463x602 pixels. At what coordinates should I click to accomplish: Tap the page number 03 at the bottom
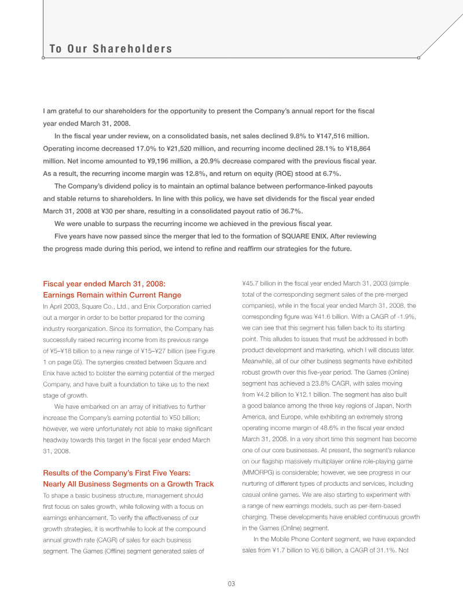tap(231, 583)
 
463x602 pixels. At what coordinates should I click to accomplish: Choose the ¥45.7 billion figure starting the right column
tap(262, 283)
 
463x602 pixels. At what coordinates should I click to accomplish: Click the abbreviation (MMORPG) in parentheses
tap(257, 472)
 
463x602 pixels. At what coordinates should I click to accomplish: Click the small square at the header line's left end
tap(43, 58)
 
